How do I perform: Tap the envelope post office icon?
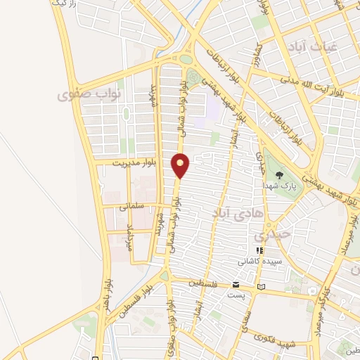[x=236, y=285]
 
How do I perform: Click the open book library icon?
[x=262, y=287]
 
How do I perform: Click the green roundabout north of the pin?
[x=185, y=60]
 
